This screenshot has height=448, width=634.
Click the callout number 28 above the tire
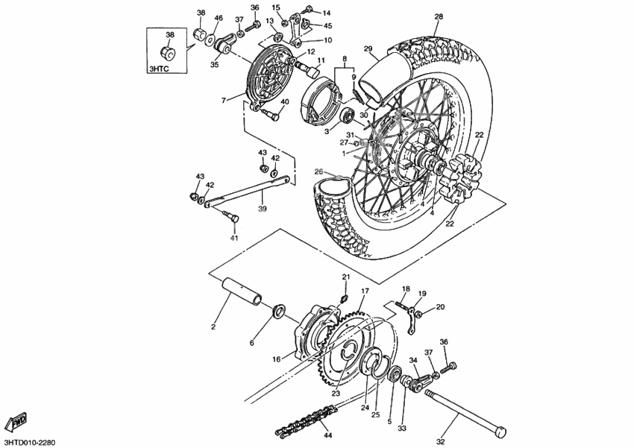click(x=438, y=16)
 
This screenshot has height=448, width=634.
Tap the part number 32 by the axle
click(x=440, y=441)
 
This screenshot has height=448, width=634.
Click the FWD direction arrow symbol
click(x=16, y=423)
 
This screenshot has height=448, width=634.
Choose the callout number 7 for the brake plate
click(x=223, y=100)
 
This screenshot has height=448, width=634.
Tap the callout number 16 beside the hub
click(x=276, y=359)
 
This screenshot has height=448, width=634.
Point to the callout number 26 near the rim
click(x=318, y=171)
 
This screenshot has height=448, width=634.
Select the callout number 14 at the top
click(x=326, y=13)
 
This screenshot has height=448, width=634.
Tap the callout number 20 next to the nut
click(x=440, y=306)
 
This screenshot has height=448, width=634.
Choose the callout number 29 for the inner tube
click(x=368, y=49)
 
